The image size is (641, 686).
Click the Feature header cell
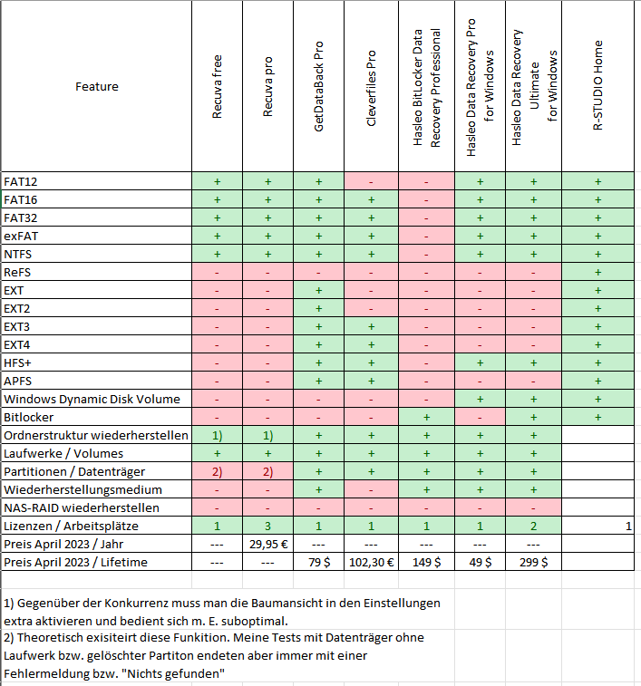pyautogui.click(x=97, y=87)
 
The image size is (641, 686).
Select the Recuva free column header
pyautogui.click(x=218, y=87)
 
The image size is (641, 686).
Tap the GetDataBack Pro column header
pyautogui.click(x=319, y=87)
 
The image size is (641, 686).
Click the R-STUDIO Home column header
pyautogui.click(x=598, y=86)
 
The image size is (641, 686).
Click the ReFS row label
pyautogui.click(x=17, y=272)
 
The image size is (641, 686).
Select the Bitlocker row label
pyautogui.click(x=28, y=418)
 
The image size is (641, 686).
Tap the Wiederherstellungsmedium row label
pyautogui.click(x=83, y=489)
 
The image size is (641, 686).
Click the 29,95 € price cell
pyautogui.click(x=268, y=545)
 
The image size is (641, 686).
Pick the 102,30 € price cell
pyautogui.click(x=372, y=562)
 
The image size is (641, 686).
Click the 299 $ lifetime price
pyautogui.click(x=533, y=562)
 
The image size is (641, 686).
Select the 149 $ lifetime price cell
pyautogui.click(x=426, y=562)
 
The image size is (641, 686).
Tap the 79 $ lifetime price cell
pyautogui.click(x=319, y=562)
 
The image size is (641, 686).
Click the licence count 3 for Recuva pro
pyautogui.click(x=268, y=526)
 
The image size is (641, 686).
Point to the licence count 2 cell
pyautogui.click(x=533, y=526)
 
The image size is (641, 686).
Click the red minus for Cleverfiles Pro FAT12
pyautogui.click(x=372, y=182)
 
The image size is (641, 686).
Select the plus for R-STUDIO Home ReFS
pyautogui.click(x=598, y=272)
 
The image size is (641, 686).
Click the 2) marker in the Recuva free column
pyautogui.click(x=218, y=471)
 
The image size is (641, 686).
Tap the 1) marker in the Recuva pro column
pyautogui.click(x=268, y=435)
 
